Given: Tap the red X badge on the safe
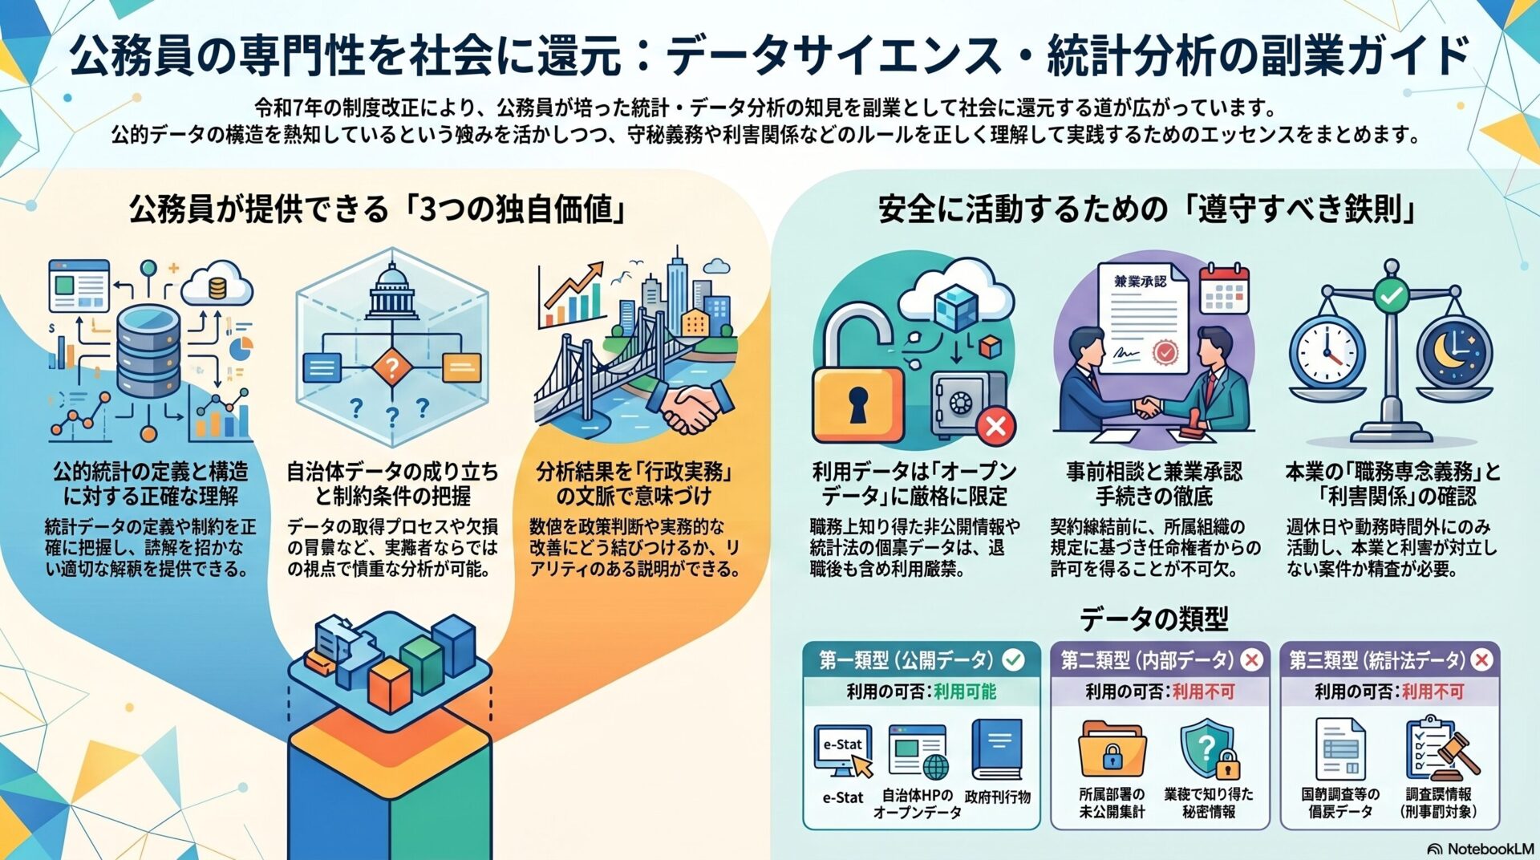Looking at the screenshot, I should pos(996,424).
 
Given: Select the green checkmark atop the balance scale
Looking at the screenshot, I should pos(1391,296).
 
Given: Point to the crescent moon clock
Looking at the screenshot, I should pos(1453,353).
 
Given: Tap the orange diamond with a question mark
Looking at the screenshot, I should pos(391,368).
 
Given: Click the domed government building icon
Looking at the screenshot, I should pos(392,292).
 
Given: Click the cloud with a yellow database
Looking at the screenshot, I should pos(217,285).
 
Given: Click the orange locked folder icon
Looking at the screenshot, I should pos(1112,749).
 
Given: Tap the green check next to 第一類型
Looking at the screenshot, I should pos(1014,659).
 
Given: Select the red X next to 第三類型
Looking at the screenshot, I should pos(1481,659).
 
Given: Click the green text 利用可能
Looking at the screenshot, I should pos(965,692).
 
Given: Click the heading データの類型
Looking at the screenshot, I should pos(1153,619).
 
